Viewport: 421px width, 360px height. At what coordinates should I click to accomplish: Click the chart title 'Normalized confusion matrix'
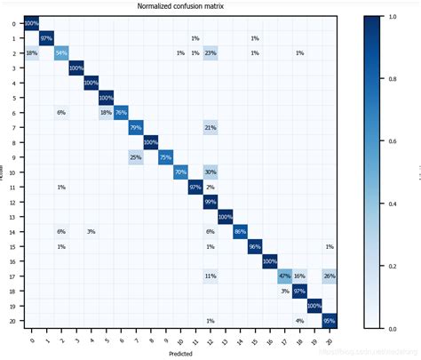(x=180, y=6)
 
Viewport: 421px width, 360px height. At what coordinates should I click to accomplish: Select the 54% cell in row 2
(x=61, y=53)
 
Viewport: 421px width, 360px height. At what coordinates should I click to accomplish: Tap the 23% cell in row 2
(x=210, y=53)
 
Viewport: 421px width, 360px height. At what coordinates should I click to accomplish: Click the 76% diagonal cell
(x=121, y=112)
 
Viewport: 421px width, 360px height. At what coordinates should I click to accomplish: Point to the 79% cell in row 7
(x=136, y=127)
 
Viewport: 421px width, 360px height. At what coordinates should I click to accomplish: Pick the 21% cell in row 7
(x=210, y=127)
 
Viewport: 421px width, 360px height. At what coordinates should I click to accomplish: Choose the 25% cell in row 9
(x=136, y=157)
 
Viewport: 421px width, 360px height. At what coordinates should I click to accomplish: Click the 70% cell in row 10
(x=180, y=172)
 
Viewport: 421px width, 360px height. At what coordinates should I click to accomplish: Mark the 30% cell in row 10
(x=210, y=172)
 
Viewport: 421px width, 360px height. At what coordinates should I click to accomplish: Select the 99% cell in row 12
(x=210, y=202)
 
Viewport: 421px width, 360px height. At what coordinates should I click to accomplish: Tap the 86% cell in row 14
(x=240, y=231)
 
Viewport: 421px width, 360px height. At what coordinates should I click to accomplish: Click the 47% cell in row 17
(x=284, y=276)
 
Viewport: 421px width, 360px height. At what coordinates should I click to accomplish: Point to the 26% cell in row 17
(x=329, y=276)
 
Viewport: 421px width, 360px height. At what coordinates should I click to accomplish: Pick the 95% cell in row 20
(x=329, y=320)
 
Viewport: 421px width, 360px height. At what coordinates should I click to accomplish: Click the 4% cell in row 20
(x=299, y=320)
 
